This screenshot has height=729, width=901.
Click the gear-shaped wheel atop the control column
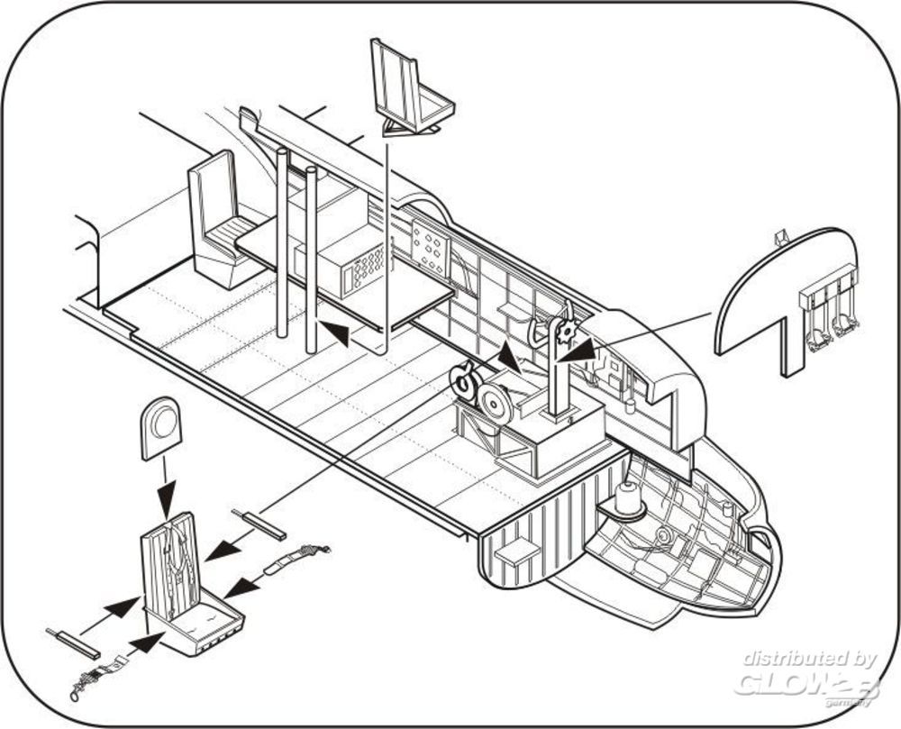click(567, 333)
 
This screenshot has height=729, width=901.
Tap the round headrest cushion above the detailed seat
click(161, 424)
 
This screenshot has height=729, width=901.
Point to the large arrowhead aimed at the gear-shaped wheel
click(581, 346)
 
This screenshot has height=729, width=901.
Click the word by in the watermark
click(861, 659)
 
